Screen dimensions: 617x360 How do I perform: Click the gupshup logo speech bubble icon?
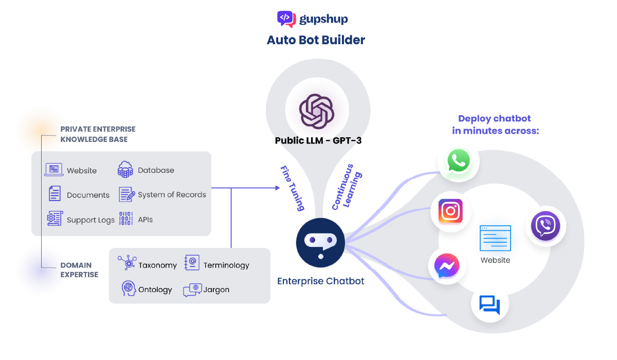[x=286, y=19]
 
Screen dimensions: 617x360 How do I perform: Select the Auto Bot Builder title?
[x=316, y=40]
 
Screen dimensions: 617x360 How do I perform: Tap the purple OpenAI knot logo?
[x=317, y=111]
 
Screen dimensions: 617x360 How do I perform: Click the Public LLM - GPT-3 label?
[x=318, y=140]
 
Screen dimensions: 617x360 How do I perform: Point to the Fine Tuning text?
[x=293, y=188]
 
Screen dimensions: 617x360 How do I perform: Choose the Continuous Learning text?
[x=347, y=187]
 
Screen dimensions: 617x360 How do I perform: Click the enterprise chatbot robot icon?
[x=320, y=242]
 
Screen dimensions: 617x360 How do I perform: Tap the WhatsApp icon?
[x=458, y=161]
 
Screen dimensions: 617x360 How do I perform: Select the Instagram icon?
[x=450, y=211]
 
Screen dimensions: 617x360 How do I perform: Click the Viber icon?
[x=546, y=225]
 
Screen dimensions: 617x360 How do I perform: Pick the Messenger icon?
[x=447, y=265]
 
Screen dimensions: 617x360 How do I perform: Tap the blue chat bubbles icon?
[x=489, y=304]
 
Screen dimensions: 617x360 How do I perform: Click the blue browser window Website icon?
[x=495, y=238]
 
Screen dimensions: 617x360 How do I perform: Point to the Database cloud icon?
[x=125, y=169]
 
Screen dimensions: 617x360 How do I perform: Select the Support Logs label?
[x=90, y=220]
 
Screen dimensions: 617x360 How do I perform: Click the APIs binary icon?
[x=126, y=219]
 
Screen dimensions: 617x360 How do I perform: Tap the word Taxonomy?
[x=157, y=265]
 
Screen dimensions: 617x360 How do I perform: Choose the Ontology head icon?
[x=129, y=289]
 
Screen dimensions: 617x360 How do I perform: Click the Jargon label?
[x=216, y=290]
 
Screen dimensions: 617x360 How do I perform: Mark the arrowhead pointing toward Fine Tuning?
[x=278, y=188]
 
